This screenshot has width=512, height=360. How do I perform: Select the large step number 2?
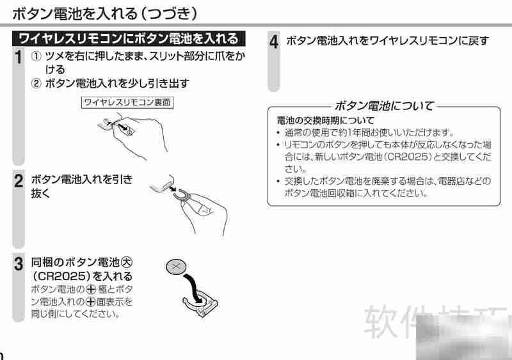click(x=19, y=181)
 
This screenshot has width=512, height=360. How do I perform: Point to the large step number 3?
click(x=19, y=263)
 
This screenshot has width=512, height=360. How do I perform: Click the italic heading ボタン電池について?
click(x=384, y=105)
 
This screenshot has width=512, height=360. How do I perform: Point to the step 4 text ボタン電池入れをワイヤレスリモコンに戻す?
click(x=388, y=41)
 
